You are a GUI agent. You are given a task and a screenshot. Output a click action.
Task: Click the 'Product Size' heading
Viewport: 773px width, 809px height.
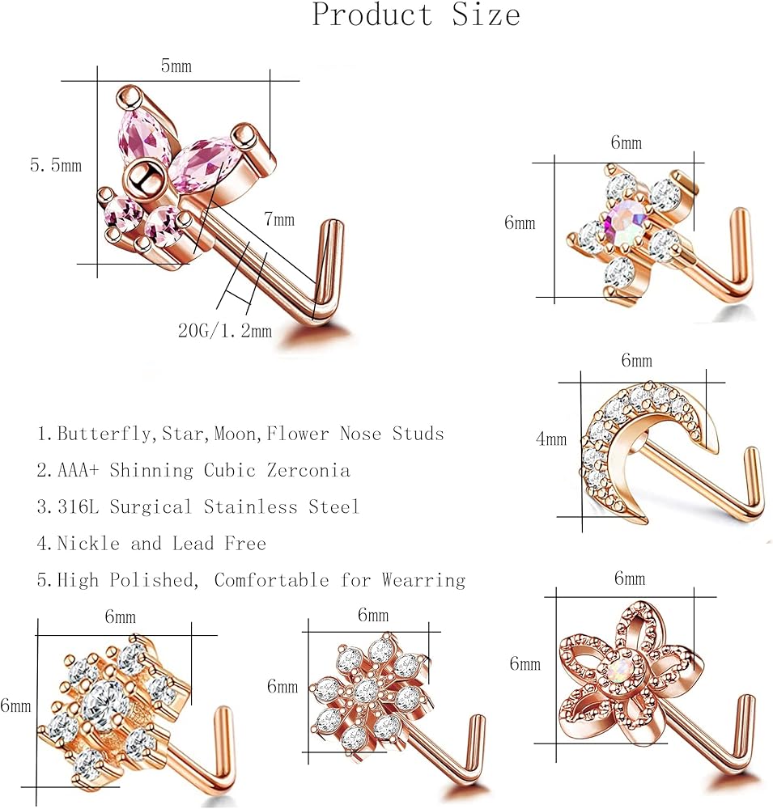[x=416, y=15]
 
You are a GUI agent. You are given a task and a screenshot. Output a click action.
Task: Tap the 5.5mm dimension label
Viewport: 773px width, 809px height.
[x=56, y=166]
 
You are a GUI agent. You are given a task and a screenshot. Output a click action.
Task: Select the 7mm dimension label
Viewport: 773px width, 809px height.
[x=279, y=219]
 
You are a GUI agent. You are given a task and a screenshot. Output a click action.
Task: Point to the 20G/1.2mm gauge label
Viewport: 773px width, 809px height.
[x=225, y=330]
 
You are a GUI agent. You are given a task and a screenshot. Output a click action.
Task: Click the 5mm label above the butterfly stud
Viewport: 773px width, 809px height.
[x=176, y=66]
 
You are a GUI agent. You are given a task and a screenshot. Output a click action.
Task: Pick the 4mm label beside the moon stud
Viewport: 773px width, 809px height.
[x=551, y=439]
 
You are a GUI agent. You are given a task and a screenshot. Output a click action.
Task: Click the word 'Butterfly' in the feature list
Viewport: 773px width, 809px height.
[x=104, y=434]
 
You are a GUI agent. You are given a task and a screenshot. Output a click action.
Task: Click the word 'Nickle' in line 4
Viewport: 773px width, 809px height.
[x=88, y=544]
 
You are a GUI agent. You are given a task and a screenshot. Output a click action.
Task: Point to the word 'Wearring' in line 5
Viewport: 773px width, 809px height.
[x=423, y=580]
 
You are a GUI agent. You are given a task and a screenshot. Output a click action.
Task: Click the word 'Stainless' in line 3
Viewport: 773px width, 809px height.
[x=250, y=506]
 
